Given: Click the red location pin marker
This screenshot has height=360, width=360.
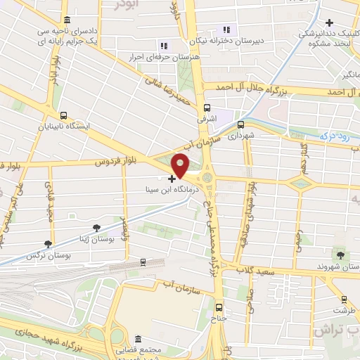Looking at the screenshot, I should [x=181, y=165].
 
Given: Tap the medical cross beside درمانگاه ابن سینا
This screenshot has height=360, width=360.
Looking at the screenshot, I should [x=172, y=179].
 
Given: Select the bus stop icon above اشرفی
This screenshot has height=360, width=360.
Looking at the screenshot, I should [x=207, y=108].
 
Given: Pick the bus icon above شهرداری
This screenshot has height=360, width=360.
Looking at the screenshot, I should [x=241, y=124].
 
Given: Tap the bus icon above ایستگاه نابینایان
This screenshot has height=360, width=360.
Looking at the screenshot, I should [x=64, y=116].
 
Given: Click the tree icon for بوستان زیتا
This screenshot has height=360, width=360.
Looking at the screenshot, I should [x=96, y=227].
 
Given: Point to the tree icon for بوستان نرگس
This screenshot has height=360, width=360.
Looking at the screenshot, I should [x=48, y=244].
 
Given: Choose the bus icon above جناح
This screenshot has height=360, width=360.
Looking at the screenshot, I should [x=218, y=307].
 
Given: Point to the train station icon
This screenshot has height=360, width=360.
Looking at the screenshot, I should [x=143, y=263].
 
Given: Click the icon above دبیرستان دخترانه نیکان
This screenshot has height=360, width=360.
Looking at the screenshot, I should [x=226, y=30].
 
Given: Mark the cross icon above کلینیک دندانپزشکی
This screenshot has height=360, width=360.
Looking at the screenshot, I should [x=330, y=23].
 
